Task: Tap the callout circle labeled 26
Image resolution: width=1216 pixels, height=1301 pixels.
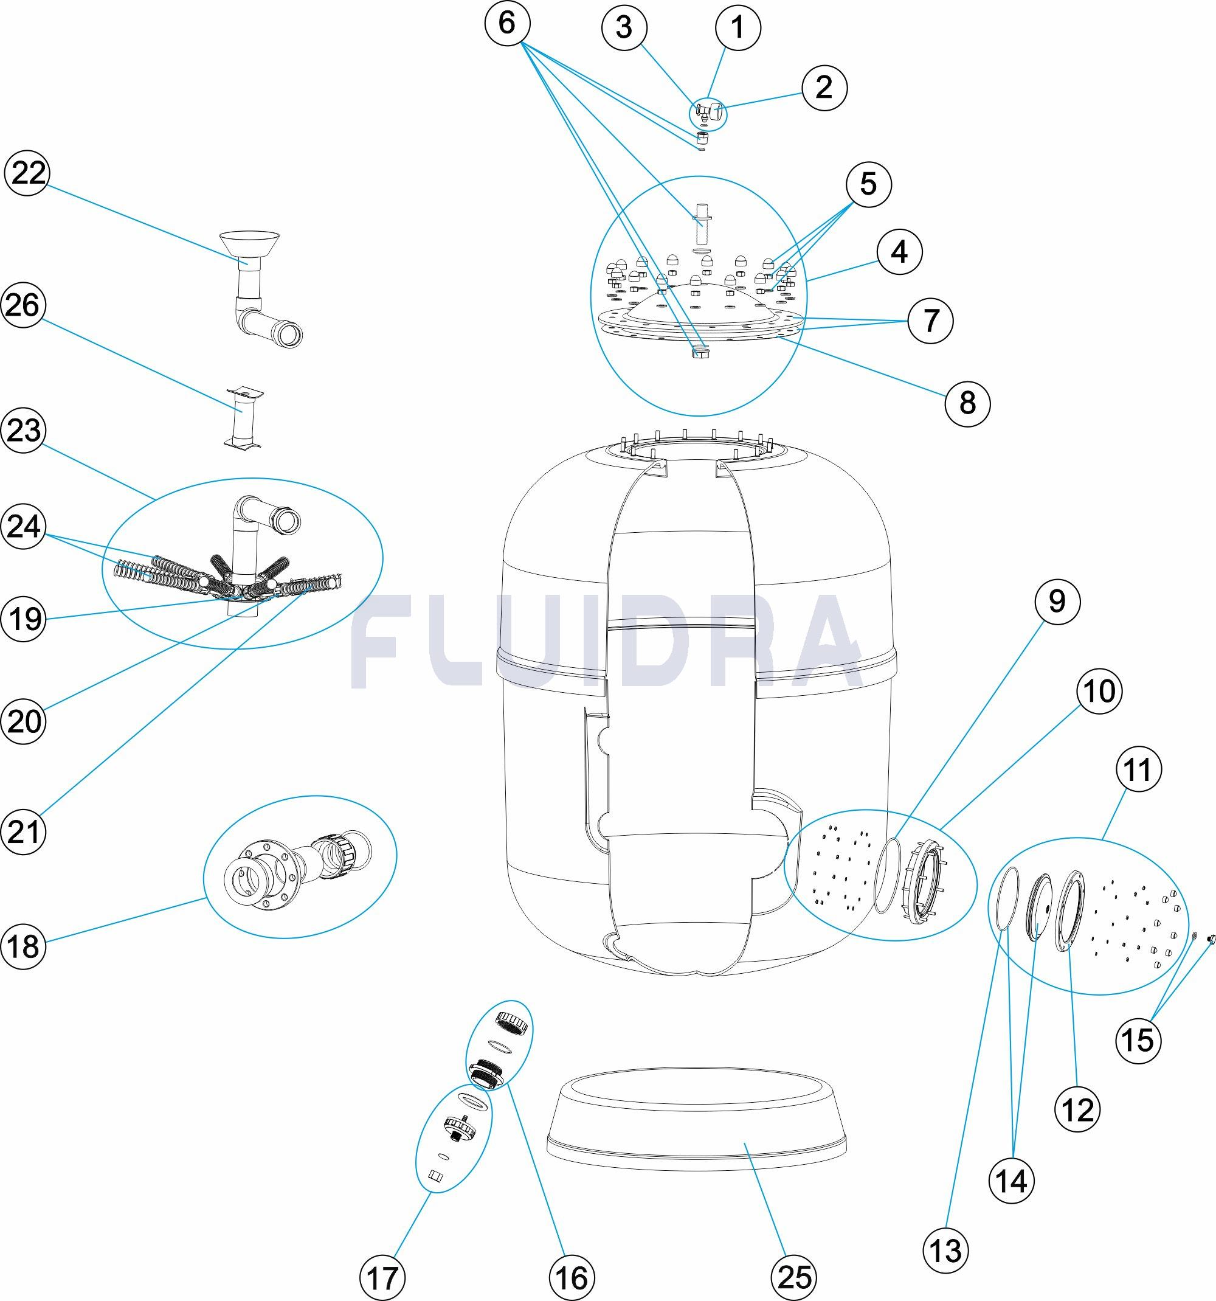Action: point(24,305)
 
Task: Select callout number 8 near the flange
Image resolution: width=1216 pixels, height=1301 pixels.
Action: point(967,402)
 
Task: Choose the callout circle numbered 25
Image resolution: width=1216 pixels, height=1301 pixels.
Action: point(795,1277)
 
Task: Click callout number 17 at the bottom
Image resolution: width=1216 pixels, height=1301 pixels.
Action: point(382,1277)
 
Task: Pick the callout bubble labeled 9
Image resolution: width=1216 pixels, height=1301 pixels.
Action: point(1057,601)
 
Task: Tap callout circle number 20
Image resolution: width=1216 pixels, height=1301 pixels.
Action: point(24,721)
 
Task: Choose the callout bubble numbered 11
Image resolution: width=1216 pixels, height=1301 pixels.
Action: point(1138,769)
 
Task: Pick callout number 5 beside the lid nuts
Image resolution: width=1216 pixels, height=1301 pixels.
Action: point(868,184)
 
